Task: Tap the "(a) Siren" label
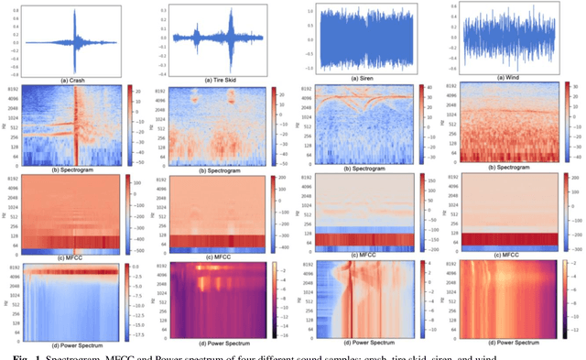click(x=367, y=79)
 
